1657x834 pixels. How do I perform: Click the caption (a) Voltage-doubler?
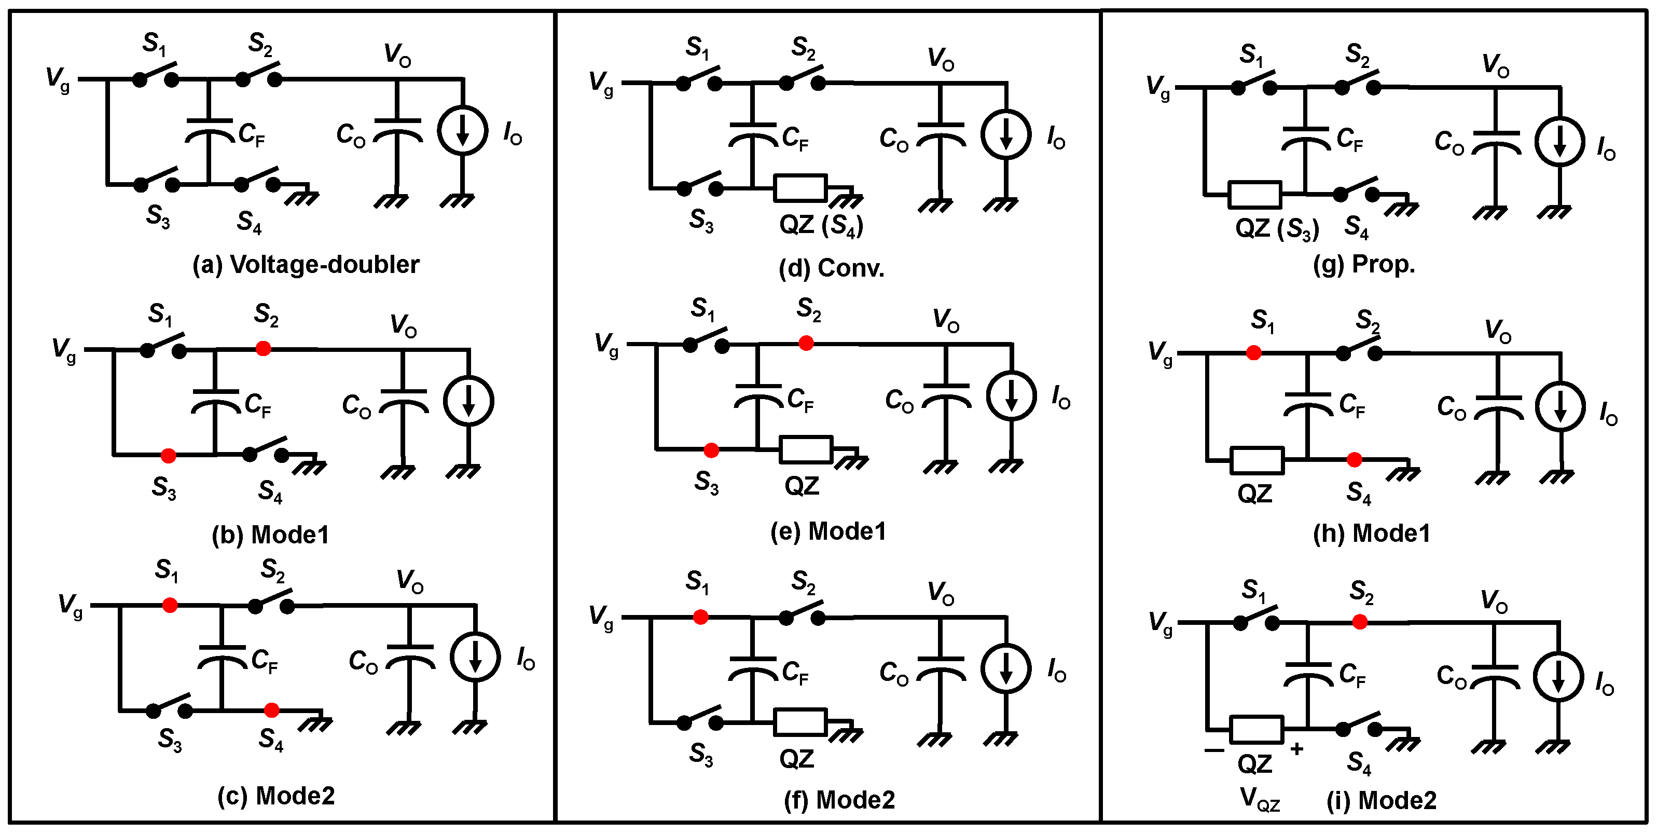pyautogui.click(x=306, y=265)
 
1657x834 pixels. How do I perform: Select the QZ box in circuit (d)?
pyautogui.click(x=800, y=188)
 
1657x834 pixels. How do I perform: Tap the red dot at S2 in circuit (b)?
pyautogui.click(x=263, y=349)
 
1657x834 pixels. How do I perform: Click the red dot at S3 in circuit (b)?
pyautogui.click(x=168, y=456)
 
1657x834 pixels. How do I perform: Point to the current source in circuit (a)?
pyautogui.click(x=462, y=131)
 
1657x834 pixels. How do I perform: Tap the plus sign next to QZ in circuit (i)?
pyautogui.click(x=1297, y=748)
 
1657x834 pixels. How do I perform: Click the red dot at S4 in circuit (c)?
pyautogui.click(x=271, y=710)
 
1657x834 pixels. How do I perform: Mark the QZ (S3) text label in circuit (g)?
pyautogui.click(x=1277, y=228)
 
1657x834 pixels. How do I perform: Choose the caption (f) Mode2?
pyautogui.click(x=839, y=800)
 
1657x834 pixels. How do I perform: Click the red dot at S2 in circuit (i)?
pyautogui.click(x=1360, y=622)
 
